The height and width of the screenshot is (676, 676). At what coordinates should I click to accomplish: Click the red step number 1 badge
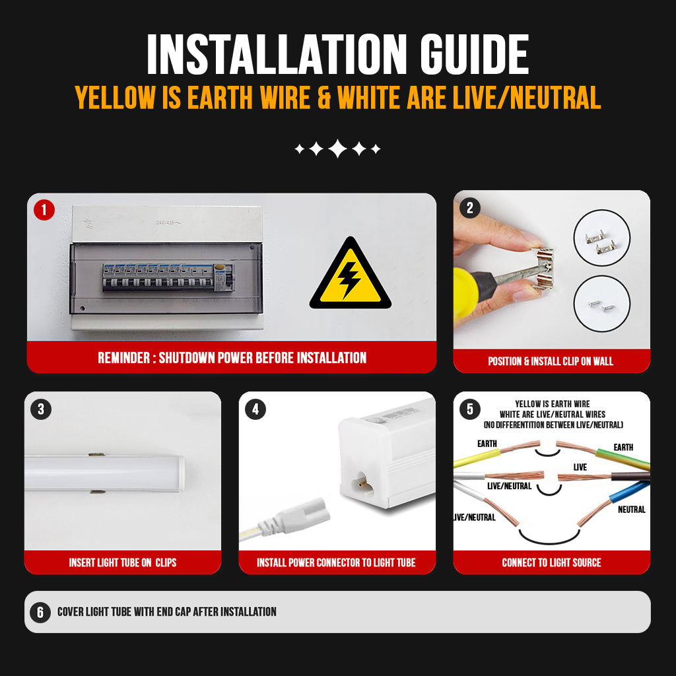[x=44, y=210]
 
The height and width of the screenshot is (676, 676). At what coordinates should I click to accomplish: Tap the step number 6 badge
[x=40, y=612]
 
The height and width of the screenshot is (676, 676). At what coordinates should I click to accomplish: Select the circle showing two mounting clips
[x=602, y=238]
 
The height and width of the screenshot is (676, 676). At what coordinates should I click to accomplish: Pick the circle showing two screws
[x=602, y=304]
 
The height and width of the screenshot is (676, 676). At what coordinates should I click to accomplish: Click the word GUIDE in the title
[x=474, y=54]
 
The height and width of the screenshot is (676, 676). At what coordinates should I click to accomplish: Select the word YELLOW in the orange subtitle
[x=115, y=98]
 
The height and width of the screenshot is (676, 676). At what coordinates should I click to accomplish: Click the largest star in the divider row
[x=337, y=149]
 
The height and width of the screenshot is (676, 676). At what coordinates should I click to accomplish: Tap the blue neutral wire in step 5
[x=629, y=491]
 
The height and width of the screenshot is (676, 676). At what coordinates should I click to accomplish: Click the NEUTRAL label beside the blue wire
[x=632, y=510]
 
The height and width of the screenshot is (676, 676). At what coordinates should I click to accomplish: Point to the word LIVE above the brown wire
[x=580, y=467]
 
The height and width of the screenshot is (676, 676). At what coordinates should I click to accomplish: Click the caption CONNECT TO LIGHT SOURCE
[x=551, y=562]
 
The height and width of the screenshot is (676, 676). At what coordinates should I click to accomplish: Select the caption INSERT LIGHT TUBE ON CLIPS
[x=122, y=562]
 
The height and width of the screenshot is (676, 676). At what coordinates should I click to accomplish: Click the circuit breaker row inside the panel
[x=168, y=277]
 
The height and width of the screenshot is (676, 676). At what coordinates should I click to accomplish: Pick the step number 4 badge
[x=255, y=409]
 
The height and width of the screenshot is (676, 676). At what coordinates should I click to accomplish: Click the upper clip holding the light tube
[x=96, y=454]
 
